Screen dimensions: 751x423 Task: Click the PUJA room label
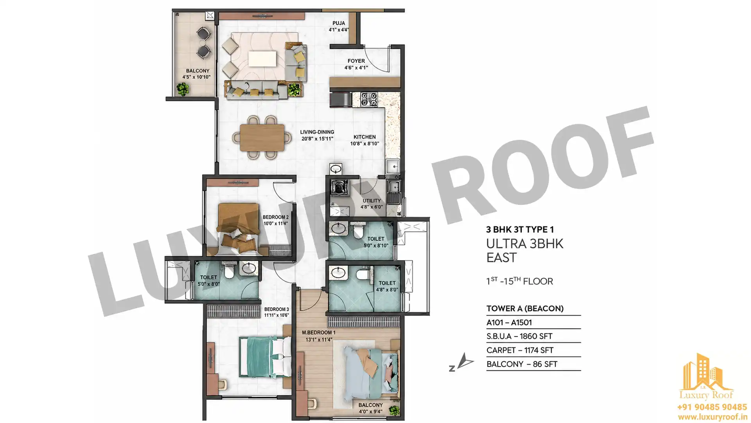(x=339, y=23)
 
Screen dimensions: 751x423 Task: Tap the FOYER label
(x=356, y=61)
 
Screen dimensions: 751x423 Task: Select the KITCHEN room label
(x=365, y=137)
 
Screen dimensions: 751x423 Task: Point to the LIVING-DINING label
(x=317, y=132)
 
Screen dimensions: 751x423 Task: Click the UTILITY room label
(x=371, y=201)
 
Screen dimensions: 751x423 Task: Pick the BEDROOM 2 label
(x=275, y=217)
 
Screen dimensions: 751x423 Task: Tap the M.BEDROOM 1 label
(x=318, y=333)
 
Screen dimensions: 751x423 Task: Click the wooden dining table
(x=262, y=137)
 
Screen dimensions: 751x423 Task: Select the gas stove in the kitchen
(x=368, y=99)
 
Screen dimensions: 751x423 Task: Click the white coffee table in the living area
(x=262, y=59)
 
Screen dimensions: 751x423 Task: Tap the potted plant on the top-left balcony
(x=182, y=89)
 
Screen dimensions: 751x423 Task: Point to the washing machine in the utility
(x=336, y=187)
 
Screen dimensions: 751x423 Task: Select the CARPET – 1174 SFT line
(x=520, y=350)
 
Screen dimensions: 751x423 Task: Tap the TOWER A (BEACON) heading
(x=525, y=309)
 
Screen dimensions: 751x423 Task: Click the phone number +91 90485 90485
(x=712, y=407)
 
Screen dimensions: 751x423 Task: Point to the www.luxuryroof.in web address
(x=712, y=417)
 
